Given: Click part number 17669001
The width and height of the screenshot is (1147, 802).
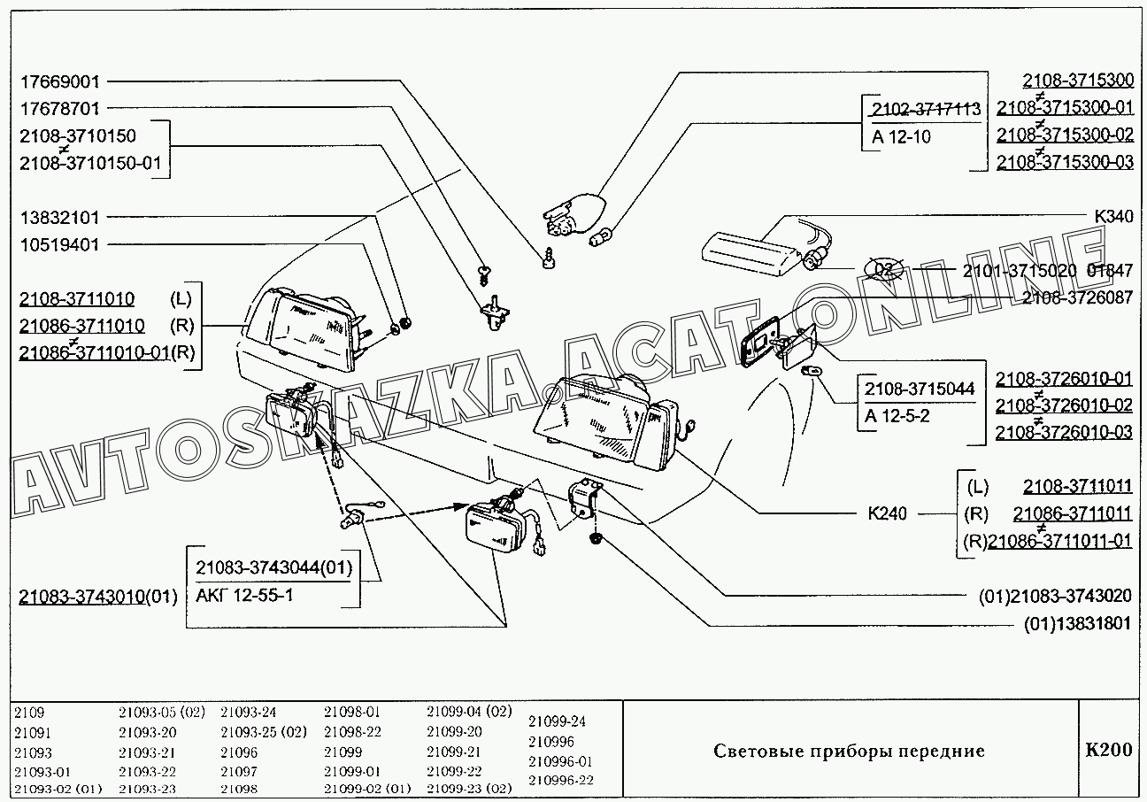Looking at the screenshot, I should pos(59,81).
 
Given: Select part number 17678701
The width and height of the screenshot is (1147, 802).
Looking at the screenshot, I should pos(59,109).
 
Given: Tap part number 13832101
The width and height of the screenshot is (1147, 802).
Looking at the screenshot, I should pos(59,217).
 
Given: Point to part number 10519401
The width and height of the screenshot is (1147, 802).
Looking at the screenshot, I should pos(59,244).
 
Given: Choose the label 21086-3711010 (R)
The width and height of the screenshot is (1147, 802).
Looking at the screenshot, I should pos(106,326).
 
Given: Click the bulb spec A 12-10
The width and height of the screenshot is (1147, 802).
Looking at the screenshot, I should pos(901,136).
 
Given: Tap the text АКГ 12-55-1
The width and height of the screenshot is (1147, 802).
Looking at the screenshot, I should pos(245,594).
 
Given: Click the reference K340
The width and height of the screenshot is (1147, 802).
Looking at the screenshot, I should pos(1112,217).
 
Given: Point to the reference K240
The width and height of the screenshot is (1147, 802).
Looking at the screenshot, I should pos(886,513).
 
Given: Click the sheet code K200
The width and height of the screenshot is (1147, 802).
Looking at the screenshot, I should pos(1108,751).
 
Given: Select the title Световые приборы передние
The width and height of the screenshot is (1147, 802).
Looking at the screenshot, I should pos(849,752).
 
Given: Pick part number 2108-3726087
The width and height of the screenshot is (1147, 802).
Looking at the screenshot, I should pos(1076,298).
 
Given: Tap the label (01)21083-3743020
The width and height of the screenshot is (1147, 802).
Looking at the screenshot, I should pos(1055,596).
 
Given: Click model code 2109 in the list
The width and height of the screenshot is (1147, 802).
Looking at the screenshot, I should pos(29,712).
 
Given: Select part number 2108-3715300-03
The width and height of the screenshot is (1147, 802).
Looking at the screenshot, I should pos(1065,163).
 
